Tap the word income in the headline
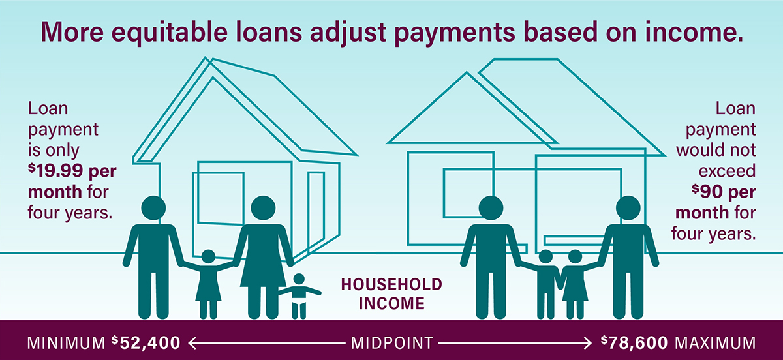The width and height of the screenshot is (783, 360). [x=694, y=32]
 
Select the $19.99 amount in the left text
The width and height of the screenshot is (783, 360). [x=55, y=172]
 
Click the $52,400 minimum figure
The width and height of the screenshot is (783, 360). [x=146, y=343]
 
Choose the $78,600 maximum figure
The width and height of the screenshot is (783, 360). [x=634, y=343]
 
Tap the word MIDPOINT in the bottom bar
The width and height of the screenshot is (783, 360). [x=392, y=343]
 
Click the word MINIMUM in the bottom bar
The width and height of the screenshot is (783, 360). [x=66, y=343]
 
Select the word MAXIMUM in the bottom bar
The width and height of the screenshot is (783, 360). [x=715, y=343]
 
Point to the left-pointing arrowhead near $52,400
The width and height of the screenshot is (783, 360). [x=192, y=343]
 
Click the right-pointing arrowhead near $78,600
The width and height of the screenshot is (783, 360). [x=587, y=343]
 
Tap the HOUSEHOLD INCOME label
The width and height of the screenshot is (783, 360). [x=391, y=294]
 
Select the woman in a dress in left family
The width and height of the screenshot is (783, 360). [x=263, y=257]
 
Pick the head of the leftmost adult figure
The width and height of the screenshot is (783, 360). [x=153, y=208]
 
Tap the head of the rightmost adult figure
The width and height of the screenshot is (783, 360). [x=628, y=208]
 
